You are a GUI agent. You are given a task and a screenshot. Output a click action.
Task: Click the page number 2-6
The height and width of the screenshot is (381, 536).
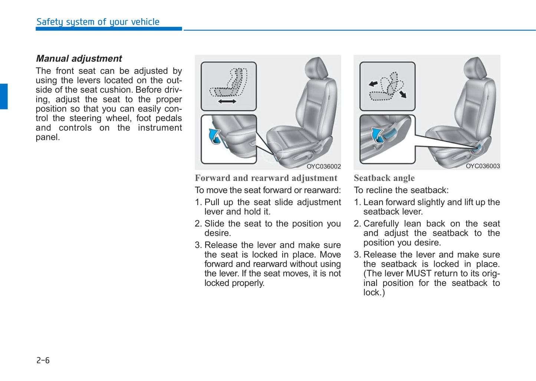43,360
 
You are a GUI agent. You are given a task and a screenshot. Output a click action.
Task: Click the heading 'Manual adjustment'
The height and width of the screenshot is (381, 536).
79,59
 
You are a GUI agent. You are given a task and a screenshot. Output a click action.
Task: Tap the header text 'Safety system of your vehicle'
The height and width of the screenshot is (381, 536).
98,22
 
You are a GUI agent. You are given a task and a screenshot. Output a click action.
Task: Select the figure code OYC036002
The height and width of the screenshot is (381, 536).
323,166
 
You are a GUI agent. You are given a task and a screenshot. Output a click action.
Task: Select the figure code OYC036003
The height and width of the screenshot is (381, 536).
483,166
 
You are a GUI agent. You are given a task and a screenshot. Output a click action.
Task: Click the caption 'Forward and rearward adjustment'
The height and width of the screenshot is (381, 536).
266,178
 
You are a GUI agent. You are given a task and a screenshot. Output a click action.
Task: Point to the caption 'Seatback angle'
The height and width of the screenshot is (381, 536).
384,178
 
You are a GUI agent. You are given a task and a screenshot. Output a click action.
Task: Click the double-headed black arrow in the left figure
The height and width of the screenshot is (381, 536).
227,101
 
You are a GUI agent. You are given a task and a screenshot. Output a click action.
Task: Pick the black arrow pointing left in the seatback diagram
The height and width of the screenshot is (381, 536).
373,84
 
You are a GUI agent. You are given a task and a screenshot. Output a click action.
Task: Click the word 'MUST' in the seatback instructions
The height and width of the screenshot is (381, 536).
418,274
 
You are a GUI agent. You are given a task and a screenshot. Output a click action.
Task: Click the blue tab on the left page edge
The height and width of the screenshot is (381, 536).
4,97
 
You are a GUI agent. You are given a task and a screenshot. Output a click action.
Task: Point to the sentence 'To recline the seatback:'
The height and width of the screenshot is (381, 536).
401,190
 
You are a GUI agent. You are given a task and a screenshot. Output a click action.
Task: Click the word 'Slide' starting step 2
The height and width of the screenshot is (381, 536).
214,224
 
